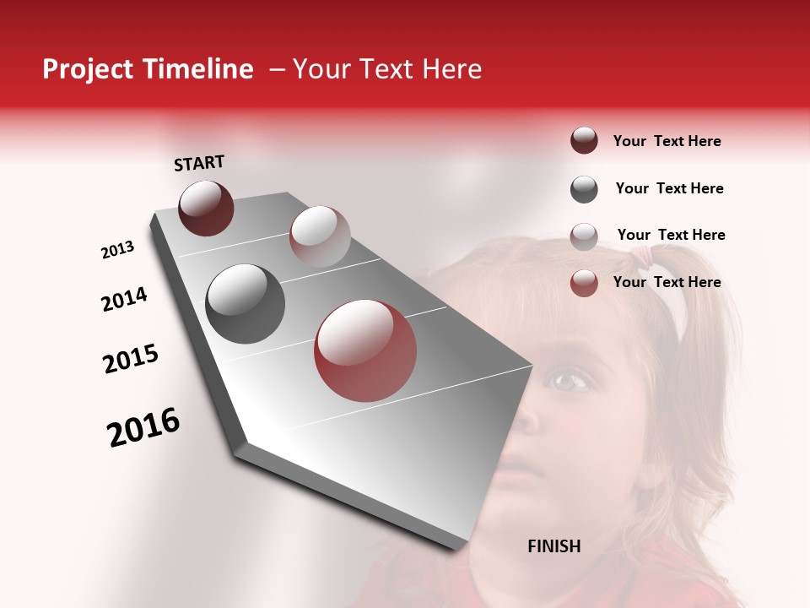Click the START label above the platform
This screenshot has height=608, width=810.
click(199, 163)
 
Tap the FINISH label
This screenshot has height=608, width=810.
click(553, 546)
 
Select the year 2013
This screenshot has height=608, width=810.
click(117, 250)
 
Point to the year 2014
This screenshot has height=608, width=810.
click(124, 300)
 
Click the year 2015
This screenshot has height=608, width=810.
click(130, 359)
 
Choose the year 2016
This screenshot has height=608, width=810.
click(143, 427)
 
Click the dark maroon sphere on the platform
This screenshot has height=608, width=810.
click(206, 208)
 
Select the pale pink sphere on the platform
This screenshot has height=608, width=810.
click(320, 236)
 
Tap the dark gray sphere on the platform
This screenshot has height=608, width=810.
click(245, 303)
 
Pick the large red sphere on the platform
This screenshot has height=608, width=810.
click(365, 350)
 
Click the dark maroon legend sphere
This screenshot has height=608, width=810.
click(584, 140)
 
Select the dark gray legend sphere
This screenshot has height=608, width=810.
click(584, 189)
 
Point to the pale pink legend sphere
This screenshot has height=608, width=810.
click(584, 236)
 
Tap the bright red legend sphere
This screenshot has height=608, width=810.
click(584, 283)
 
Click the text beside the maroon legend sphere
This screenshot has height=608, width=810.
click(667, 141)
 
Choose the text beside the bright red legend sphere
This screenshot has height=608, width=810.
click(667, 282)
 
